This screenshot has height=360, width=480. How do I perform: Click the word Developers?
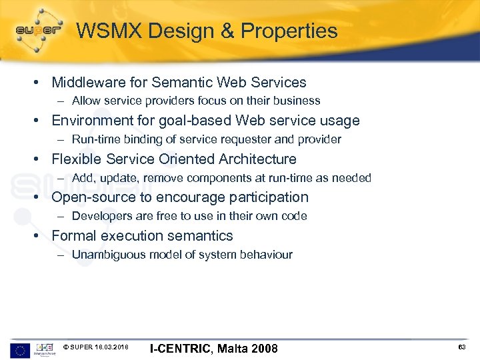coord(99,217)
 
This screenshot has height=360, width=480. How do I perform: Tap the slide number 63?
coord(461,347)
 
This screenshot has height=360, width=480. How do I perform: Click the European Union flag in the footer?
coord(19,349)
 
